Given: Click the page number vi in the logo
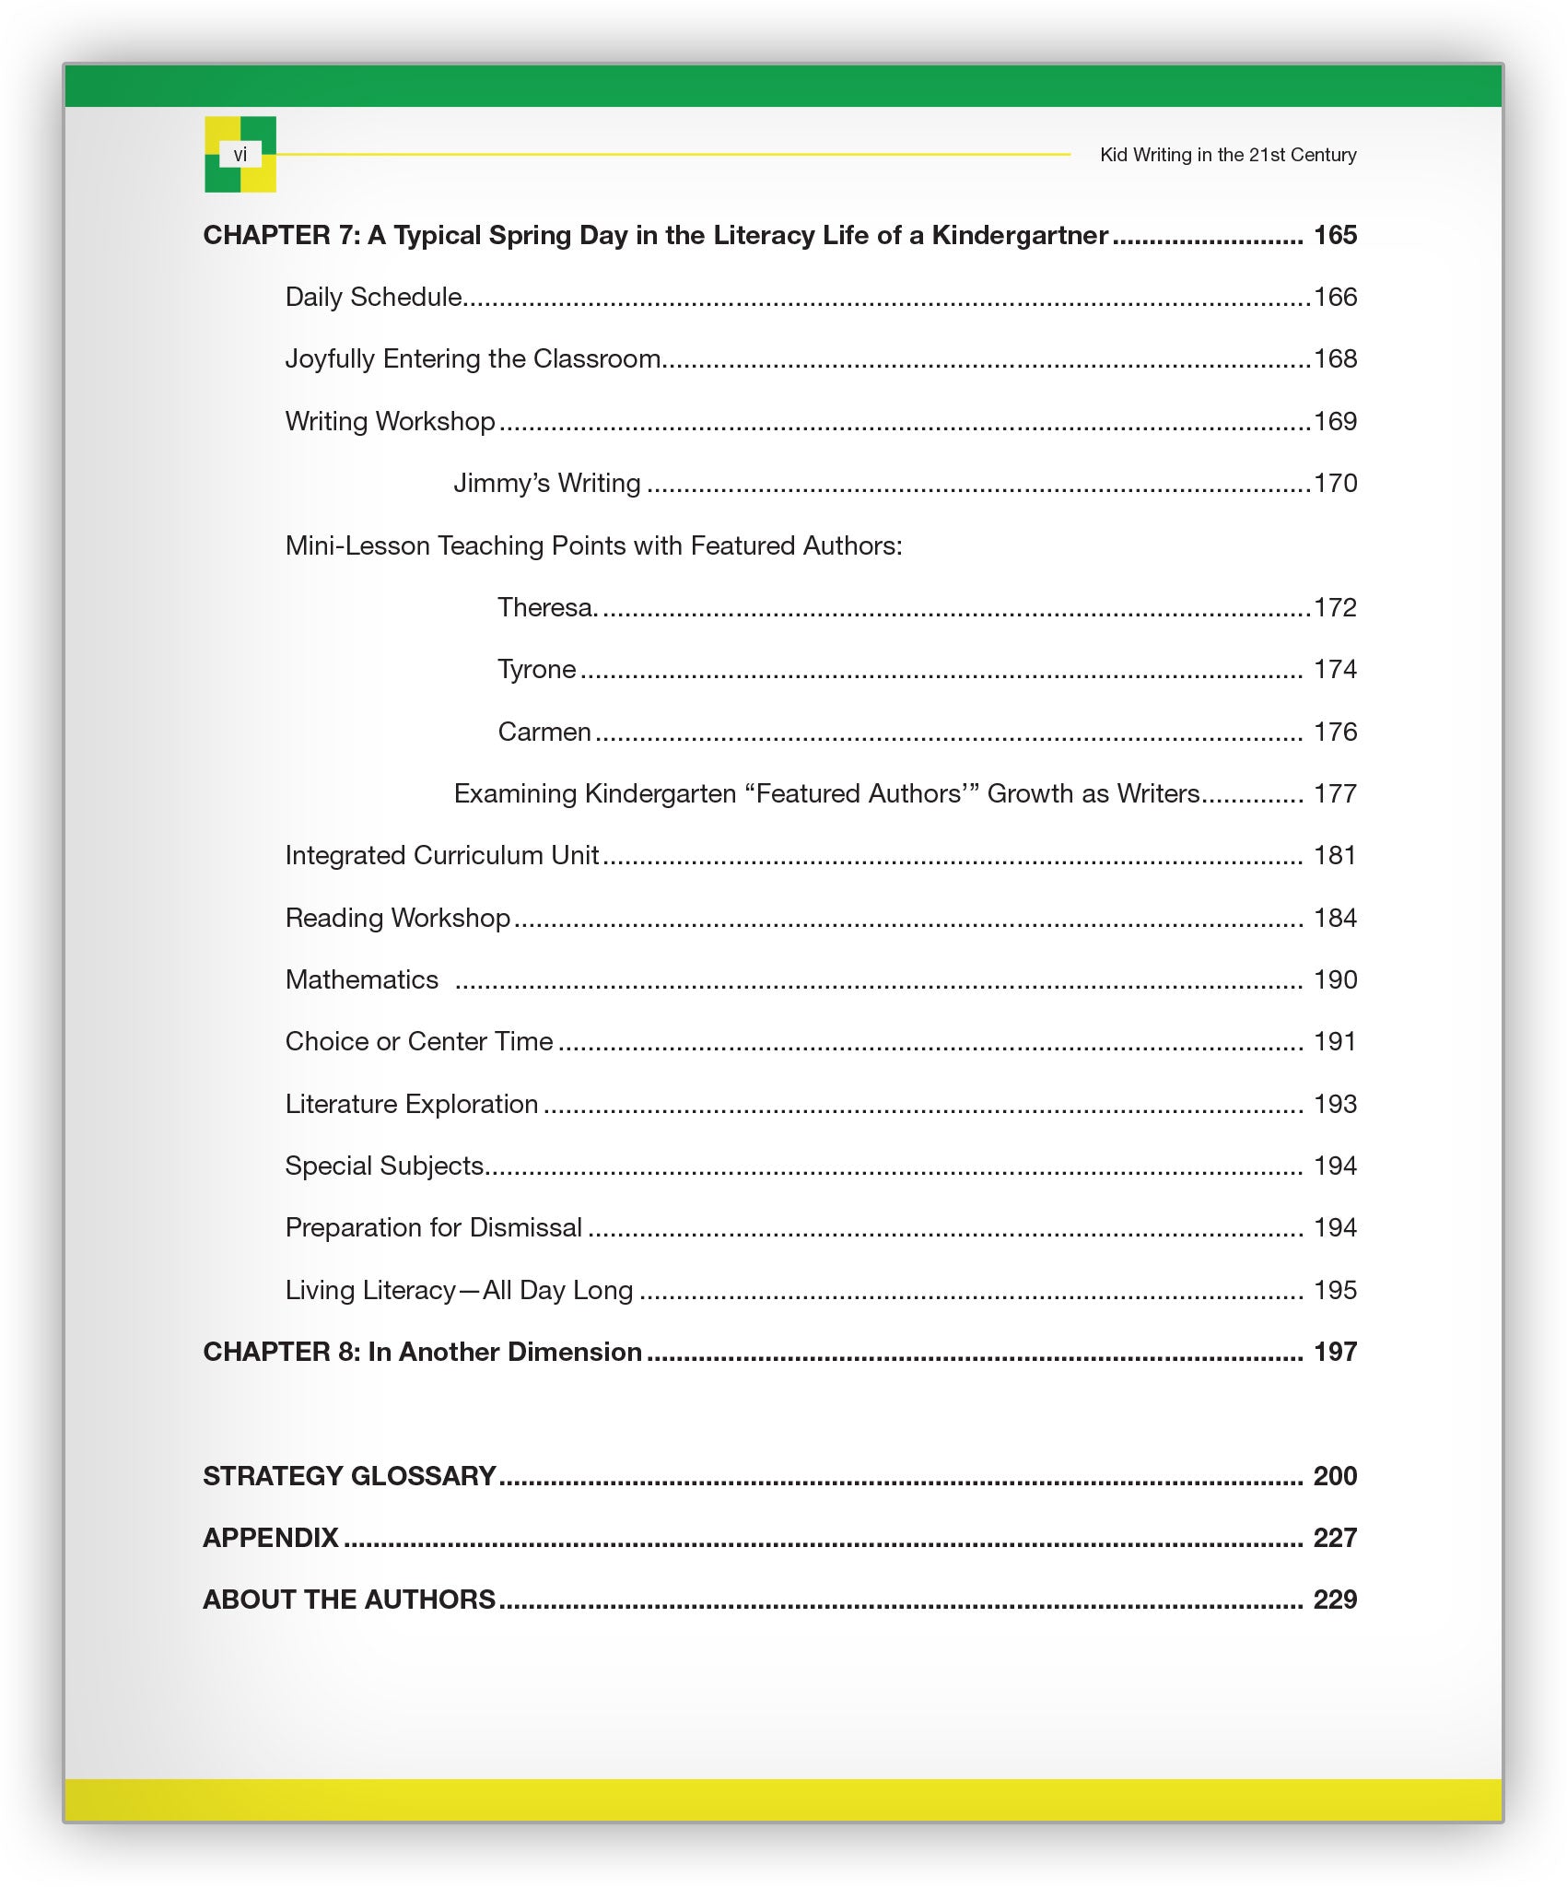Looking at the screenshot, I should (240, 155).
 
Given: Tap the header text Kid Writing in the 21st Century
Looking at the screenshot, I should (1227, 155).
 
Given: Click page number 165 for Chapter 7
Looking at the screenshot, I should (1335, 236).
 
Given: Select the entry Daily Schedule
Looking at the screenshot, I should (373, 298).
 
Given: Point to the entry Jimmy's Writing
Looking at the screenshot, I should (546, 484).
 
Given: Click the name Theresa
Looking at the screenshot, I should (547, 608).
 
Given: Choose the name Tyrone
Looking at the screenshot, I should (536, 670).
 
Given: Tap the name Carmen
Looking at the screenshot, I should (544, 733).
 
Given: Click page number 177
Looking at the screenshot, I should (1335, 794).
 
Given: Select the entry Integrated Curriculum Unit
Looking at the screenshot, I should (442, 856).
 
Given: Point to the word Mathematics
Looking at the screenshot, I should (361, 980).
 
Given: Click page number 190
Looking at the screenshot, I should (1335, 980).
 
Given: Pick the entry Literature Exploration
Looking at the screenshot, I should (411, 1105).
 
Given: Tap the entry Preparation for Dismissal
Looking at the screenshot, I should (433, 1228).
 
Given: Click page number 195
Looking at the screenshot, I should (1335, 1291).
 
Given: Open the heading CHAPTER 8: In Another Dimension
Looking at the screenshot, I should (422, 1353).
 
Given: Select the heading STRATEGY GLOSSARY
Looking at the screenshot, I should (349, 1477).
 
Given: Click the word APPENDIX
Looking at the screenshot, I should (271, 1539).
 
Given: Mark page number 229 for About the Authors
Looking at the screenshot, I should (1335, 1600).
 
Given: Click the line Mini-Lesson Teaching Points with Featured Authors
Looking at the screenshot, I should (593, 546).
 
